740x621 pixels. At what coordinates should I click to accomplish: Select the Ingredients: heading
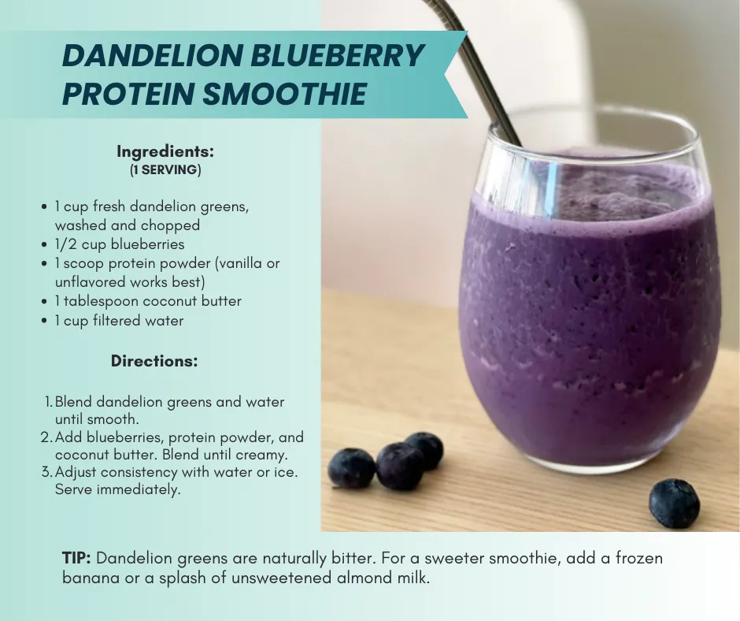tap(165, 151)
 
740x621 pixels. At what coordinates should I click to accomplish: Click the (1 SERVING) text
tap(165, 169)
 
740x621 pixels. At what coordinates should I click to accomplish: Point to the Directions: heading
tap(154, 362)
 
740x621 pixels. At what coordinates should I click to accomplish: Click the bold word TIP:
tap(76, 559)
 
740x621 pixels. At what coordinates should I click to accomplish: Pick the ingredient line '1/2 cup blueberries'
tap(119, 244)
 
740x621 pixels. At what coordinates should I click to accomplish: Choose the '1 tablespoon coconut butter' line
tap(147, 301)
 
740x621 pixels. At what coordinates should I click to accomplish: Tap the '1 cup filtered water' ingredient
tap(118, 321)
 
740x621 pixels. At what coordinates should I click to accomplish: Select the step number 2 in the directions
tap(46, 437)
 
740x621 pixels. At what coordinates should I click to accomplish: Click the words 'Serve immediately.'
tap(117, 489)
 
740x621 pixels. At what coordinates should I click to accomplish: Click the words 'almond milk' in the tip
tap(391, 578)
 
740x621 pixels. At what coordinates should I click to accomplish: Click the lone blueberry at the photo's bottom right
tap(674, 503)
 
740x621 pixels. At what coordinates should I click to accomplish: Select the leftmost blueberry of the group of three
tap(351, 468)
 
